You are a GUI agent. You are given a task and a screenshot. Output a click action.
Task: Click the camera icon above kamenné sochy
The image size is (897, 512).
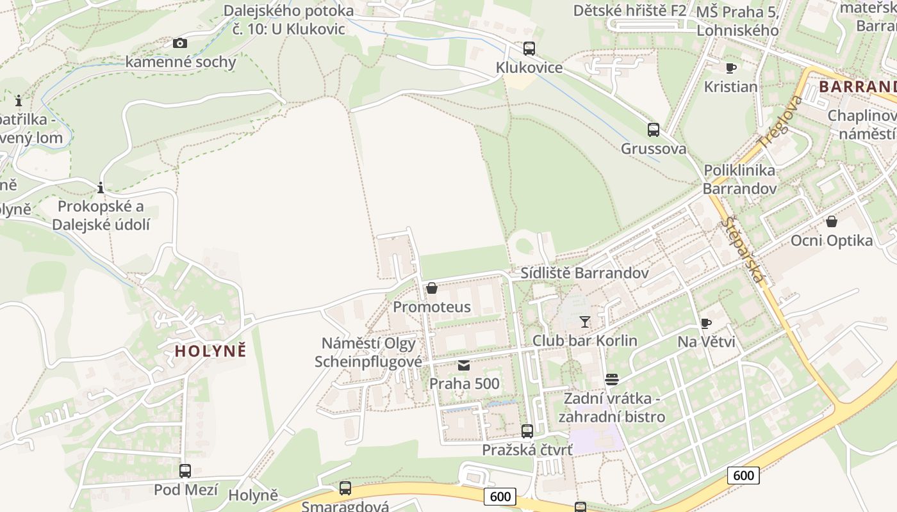[x=180, y=43]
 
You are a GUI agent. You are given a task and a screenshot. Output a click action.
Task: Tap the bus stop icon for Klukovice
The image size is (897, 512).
[x=529, y=49]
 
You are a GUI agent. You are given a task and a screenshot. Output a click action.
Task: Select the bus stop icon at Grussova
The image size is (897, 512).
[x=653, y=130]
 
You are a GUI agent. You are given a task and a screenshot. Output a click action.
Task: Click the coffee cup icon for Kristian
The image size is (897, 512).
[x=730, y=68]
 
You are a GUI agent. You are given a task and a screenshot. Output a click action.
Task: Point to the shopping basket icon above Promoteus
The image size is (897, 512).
[x=432, y=288]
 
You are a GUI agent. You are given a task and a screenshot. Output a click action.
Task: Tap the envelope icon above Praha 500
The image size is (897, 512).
[x=464, y=365]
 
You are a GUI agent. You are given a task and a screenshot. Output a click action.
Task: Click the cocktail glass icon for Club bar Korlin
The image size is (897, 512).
[x=584, y=321]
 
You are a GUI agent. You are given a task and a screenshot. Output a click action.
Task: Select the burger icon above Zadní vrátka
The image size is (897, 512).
[x=611, y=380]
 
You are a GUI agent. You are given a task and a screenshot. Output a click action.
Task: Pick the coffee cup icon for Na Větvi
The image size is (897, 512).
[x=705, y=323]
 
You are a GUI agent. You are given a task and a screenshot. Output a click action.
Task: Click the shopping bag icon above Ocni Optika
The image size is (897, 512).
[x=831, y=221]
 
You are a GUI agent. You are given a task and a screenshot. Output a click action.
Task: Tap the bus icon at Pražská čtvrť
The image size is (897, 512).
[x=527, y=431]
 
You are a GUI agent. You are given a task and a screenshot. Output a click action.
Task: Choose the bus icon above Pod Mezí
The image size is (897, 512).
[x=185, y=471]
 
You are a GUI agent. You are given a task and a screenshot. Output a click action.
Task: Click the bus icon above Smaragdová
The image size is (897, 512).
[x=345, y=488]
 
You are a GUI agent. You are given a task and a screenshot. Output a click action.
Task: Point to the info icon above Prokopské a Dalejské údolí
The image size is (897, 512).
[x=101, y=188]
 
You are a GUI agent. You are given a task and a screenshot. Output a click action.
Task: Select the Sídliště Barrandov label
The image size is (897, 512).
[x=584, y=273]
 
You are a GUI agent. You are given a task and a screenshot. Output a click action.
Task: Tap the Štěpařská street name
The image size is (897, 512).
[x=743, y=250]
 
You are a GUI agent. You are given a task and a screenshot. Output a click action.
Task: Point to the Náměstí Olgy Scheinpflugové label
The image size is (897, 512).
[x=368, y=352]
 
